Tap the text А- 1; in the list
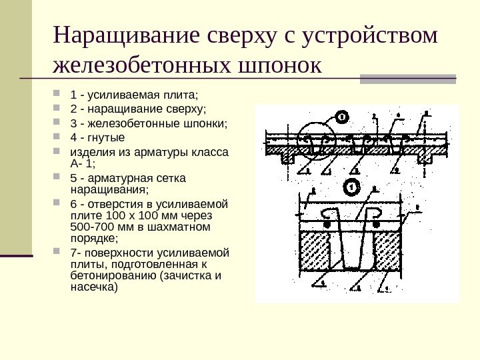point(83,163)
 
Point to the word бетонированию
point(107,276)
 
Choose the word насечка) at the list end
point(93,288)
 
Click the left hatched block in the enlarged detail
point(318,252)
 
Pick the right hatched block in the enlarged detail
point(387,252)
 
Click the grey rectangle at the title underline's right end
point(408,79)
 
